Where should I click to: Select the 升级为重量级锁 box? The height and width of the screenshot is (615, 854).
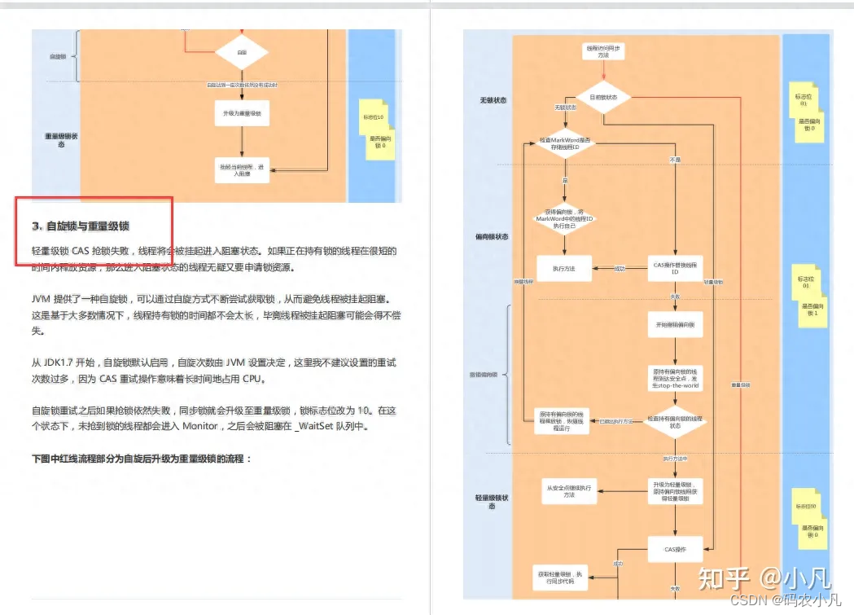coord(242,112)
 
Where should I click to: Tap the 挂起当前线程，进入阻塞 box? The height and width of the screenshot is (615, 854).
coord(242,169)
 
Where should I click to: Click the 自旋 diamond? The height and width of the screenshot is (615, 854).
coord(242,52)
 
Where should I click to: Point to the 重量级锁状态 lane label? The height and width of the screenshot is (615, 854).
coord(62,140)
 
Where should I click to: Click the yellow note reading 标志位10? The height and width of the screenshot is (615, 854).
coord(374,117)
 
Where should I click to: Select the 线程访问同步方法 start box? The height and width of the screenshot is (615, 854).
coord(604,51)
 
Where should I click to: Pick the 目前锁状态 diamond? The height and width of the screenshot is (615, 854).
coord(604,97)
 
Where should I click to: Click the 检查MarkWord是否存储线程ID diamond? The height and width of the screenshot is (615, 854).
coord(565,143)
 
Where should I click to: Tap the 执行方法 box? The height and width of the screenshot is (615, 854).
coord(563,268)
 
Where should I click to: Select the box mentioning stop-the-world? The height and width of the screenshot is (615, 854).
coord(675,377)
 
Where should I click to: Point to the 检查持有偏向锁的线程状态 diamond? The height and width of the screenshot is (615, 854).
coord(675,422)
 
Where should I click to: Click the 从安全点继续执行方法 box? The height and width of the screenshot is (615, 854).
coord(569,490)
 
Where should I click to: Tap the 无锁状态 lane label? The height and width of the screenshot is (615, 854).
coord(493,101)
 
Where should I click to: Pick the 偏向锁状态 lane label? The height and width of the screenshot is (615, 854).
coord(493,237)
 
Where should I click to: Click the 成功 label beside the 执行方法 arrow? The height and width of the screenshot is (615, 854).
coord(619,268)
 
